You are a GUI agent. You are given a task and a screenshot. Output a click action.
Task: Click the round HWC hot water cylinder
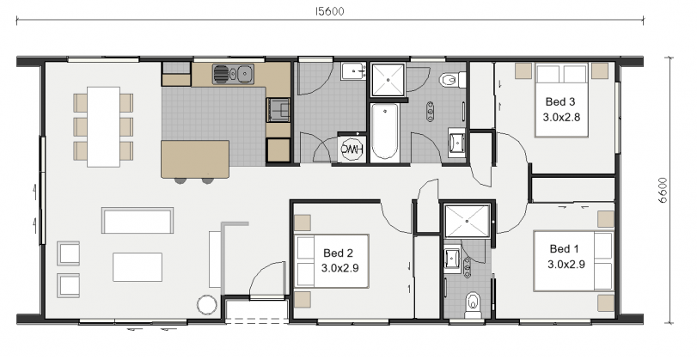pos(352,149)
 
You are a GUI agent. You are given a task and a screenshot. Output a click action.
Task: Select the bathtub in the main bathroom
pos(384,131)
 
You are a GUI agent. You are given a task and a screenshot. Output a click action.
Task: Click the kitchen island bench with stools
pos(195,158)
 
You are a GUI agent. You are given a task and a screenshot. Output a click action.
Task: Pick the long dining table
pos(103,126)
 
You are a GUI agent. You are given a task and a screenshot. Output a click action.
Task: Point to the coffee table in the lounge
pos(137,265)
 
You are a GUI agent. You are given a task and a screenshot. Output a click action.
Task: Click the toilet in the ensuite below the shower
pos(471,303)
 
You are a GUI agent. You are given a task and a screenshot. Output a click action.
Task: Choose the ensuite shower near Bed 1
pos(465,223)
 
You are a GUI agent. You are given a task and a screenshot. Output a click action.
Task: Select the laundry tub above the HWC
pos(352,72)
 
